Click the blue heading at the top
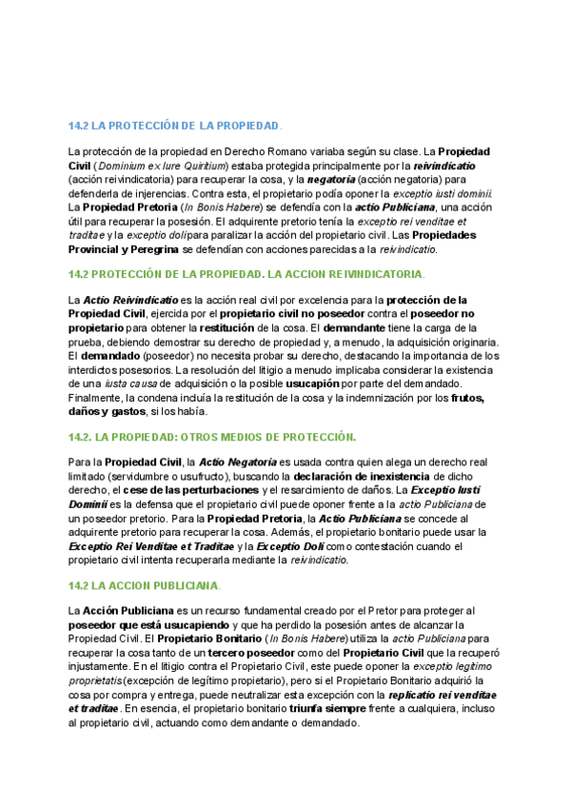coord(175,126)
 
